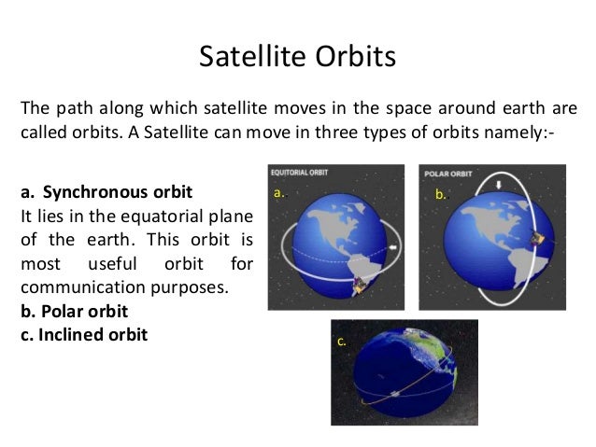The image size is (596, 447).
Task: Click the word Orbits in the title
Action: [355, 56]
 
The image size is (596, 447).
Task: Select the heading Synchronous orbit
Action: [118, 192]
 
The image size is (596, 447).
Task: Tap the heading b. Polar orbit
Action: [74, 312]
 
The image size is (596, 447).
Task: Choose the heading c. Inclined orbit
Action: [84, 335]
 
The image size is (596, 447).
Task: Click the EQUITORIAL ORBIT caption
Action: [299, 173]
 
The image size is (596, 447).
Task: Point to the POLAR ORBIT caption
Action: [447, 174]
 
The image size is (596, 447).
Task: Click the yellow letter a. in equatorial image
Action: [279, 192]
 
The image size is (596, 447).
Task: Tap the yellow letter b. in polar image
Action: [441, 194]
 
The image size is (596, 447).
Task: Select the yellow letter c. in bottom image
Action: [341, 342]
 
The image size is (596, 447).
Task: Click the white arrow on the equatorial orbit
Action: [394, 247]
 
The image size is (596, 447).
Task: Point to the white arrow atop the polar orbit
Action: [499, 185]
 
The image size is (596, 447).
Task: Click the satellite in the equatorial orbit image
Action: [359, 286]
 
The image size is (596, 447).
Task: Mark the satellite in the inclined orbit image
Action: [394, 394]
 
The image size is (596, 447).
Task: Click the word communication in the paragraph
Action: [83, 287]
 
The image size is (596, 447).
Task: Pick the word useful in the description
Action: [112, 263]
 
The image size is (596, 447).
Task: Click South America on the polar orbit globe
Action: [527, 266]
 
